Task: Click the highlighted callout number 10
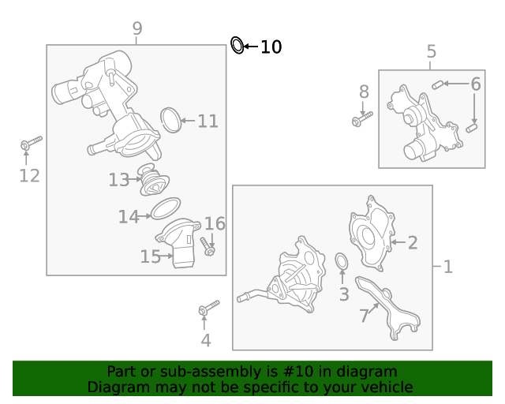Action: coord(271,47)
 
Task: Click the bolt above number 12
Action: coord(32,143)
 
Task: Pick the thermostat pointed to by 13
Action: coord(154,180)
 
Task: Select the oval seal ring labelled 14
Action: coord(165,208)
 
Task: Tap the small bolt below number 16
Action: coord(208,246)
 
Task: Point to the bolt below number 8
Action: coord(362,119)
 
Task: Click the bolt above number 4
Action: coord(208,308)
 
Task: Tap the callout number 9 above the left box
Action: coord(137,28)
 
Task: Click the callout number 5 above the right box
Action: coord(432,51)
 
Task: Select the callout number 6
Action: coord(476,84)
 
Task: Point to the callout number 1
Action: coord(448,267)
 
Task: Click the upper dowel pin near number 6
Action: coord(437,85)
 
